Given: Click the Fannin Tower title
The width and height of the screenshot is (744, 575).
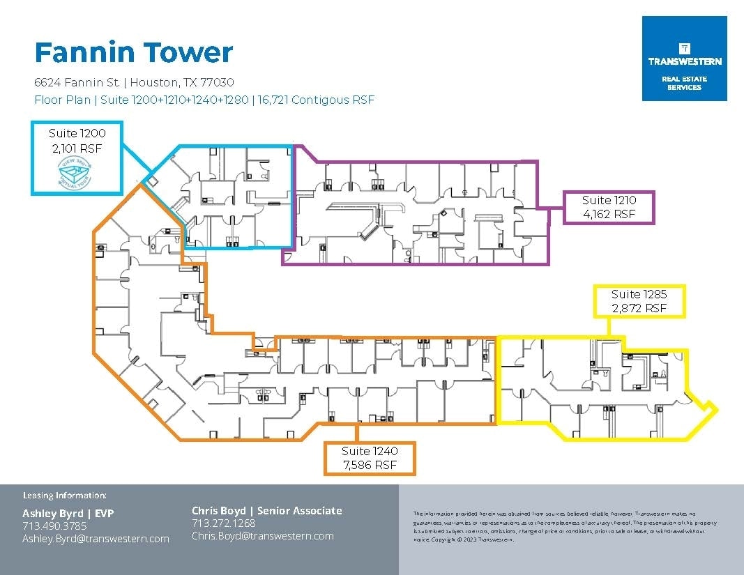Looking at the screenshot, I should click(x=133, y=53).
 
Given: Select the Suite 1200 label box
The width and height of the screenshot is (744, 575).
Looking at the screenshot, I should click(x=77, y=158).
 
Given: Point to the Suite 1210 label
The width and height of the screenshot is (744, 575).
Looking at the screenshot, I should click(x=609, y=200).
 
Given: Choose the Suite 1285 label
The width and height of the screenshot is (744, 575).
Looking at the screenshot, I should click(x=638, y=294).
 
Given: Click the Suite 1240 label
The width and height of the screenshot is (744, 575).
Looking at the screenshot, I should click(x=370, y=451).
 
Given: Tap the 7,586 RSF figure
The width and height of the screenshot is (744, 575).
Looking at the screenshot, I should click(x=370, y=465).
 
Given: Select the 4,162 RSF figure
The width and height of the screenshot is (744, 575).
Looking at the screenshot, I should click(x=609, y=215).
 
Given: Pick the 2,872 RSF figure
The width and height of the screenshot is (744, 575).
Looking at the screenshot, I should click(x=638, y=308).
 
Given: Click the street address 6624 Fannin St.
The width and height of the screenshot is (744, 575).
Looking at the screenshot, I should click(x=79, y=82).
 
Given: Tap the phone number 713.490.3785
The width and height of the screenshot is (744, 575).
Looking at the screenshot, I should click(x=54, y=526).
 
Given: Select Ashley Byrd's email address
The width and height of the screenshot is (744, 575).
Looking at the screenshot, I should click(x=96, y=539).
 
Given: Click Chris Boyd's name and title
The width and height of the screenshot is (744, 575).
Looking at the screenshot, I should click(x=266, y=511).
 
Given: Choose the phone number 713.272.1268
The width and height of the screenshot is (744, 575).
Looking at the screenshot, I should click(x=223, y=523).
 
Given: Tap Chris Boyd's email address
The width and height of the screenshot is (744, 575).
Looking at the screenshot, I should click(x=262, y=536).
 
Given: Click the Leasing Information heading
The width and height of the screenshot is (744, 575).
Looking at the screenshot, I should click(x=64, y=496).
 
